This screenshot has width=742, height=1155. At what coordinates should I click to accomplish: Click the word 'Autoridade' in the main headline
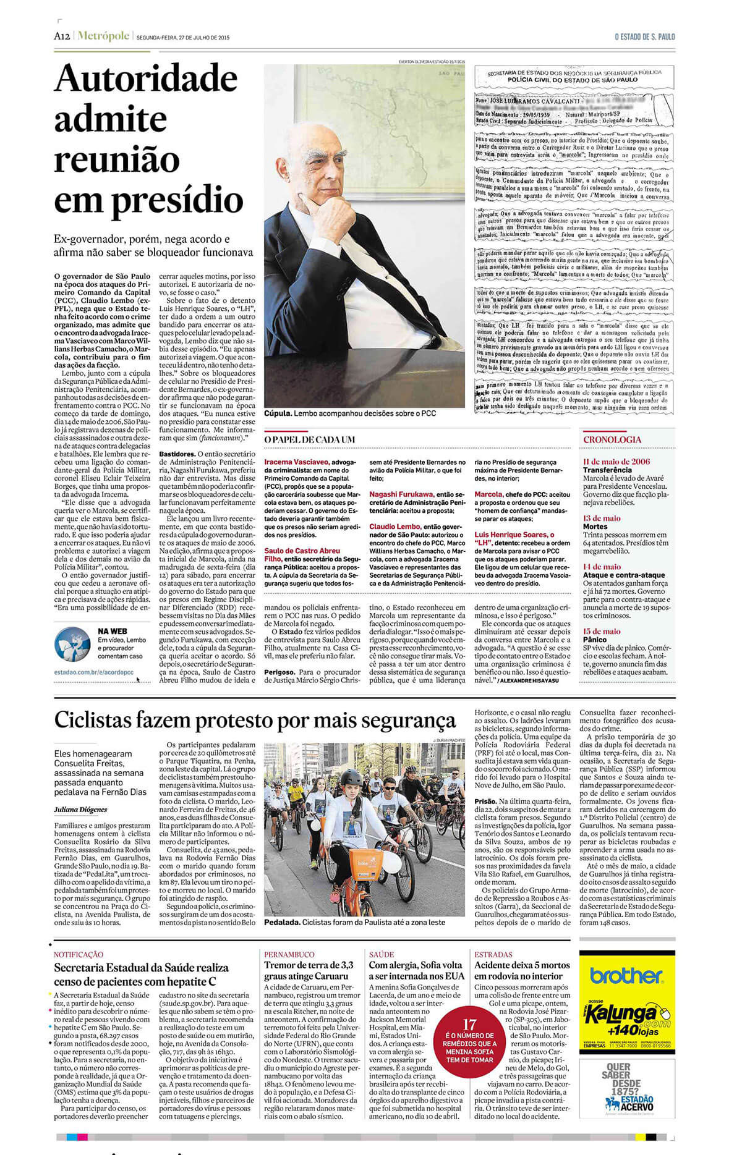pos(146,78)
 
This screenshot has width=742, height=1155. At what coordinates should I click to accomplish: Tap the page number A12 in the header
pos(61,36)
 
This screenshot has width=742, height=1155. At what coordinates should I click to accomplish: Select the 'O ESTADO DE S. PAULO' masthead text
pos(644,37)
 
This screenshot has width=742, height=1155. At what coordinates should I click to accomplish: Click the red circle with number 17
pos(469,1043)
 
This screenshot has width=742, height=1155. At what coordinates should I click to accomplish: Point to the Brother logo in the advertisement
pos(626,976)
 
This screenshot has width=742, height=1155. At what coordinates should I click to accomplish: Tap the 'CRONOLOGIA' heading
pos(612,439)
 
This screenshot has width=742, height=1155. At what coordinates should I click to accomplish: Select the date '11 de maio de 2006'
pos(616,461)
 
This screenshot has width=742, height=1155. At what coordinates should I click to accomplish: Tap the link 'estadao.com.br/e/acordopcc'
pos(93,672)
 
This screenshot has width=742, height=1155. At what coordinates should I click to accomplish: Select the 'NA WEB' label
pos(112,631)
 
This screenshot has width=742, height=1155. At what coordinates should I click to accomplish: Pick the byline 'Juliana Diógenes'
pos(80,809)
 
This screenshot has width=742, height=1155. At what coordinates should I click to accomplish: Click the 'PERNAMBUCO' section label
pos(289,954)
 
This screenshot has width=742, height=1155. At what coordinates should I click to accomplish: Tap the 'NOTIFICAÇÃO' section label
pos(79,955)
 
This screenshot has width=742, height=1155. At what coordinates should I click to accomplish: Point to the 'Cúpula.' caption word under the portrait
pos(278,413)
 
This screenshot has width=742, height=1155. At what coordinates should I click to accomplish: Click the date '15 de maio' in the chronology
pos(601,631)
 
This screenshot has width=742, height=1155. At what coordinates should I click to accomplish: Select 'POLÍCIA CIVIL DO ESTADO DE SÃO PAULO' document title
pos(573,80)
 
